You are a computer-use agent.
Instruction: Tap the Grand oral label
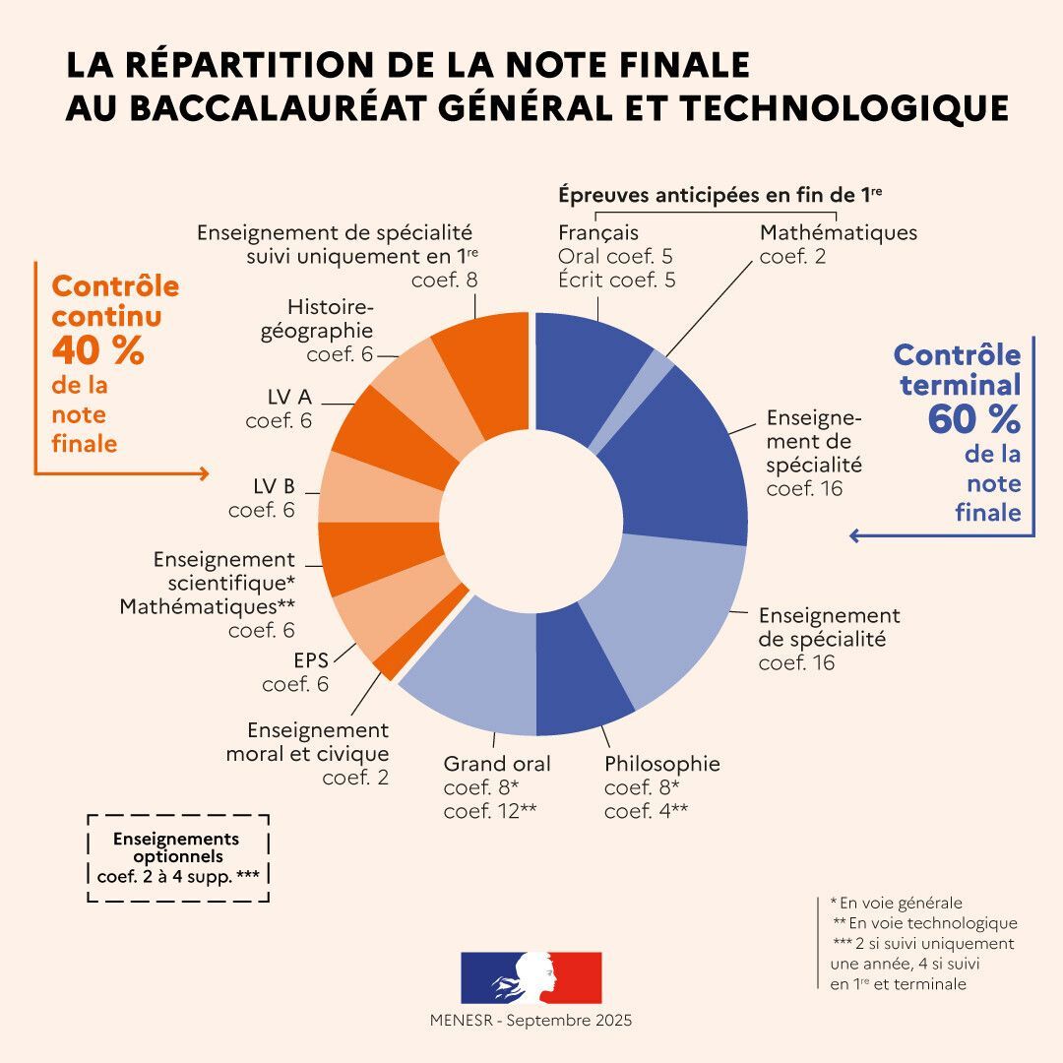pyautogui.click(x=496, y=765)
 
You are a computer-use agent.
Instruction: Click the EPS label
pyautogui.click(x=311, y=660)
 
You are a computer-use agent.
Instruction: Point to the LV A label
pyautogui.click(x=289, y=397)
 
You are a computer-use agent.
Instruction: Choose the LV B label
pyautogui.click(x=274, y=486)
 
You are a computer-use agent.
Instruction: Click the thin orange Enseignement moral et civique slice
pyautogui.click(x=388, y=665)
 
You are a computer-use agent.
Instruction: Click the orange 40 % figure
pyautogui.click(x=97, y=350)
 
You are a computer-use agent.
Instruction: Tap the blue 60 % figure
pyautogui.click(x=972, y=420)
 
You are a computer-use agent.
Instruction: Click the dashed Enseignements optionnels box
pyautogui.click(x=177, y=857)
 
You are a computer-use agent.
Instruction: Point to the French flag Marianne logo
pyautogui.click(x=531, y=976)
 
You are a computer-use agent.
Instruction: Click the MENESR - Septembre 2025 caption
pyautogui.click(x=531, y=1021)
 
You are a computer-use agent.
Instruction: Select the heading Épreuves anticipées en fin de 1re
pyautogui.click(x=719, y=195)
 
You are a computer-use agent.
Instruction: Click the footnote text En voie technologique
pyautogui.click(x=925, y=923)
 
